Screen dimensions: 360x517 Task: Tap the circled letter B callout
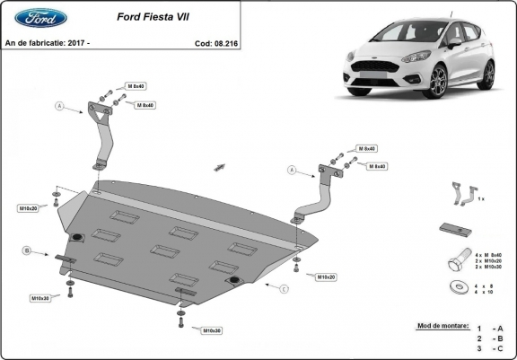[27, 250]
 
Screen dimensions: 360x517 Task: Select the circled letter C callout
[284, 288]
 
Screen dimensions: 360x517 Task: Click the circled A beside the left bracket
[60, 106]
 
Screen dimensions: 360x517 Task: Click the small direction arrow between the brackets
[219, 167]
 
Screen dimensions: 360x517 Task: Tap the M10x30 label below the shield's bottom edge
[212, 330]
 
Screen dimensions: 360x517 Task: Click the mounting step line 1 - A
[491, 329]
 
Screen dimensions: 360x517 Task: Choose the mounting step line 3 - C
[491, 348]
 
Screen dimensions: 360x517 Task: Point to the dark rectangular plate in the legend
[454, 228]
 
